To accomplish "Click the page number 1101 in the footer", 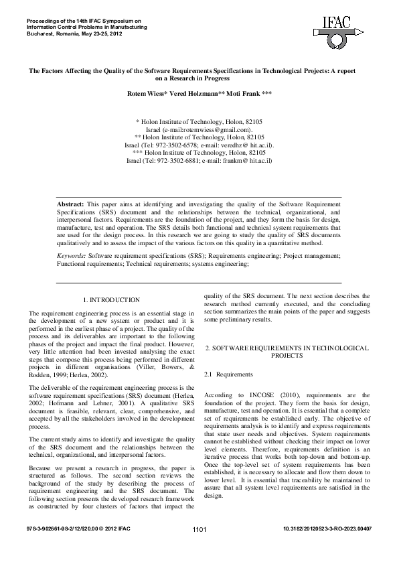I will (199, 549).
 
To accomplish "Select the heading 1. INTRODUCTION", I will (111, 300).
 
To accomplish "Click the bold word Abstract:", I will (70, 202).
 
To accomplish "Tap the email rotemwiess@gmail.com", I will (216, 129).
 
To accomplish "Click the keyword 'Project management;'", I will (311, 256).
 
